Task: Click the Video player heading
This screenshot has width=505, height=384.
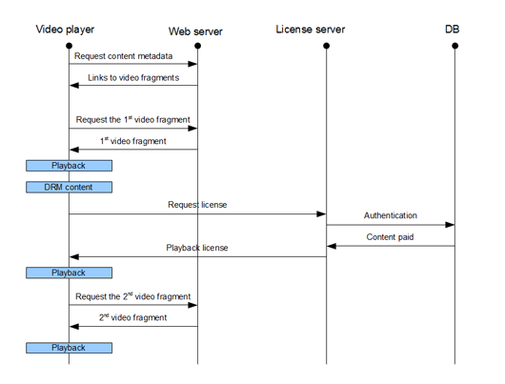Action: click(x=65, y=30)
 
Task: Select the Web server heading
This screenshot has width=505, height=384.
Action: click(x=195, y=31)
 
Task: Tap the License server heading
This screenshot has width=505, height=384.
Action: click(x=311, y=30)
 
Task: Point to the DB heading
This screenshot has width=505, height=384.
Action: click(x=452, y=30)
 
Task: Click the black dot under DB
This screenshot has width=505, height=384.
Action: click(x=454, y=46)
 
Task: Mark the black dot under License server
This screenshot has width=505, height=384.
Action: click(x=326, y=46)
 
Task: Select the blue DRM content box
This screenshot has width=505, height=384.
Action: click(x=69, y=187)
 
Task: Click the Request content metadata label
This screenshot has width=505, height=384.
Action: click(x=123, y=56)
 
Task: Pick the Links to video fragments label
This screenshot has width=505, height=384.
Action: click(x=133, y=77)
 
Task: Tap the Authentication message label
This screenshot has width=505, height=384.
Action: click(x=391, y=215)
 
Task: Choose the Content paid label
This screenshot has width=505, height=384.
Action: click(x=390, y=237)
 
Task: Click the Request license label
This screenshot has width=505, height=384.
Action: click(x=197, y=205)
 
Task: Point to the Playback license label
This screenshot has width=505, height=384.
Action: click(x=197, y=248)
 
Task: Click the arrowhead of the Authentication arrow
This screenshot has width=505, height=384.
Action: click(x=450, y=225)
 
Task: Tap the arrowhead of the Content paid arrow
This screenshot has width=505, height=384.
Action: click(x=332, y=246)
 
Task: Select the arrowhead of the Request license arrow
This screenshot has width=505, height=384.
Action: click(x=321, y=213)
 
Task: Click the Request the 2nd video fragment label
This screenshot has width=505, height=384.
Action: click(x=132, y=296)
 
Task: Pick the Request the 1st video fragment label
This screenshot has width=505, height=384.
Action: click(x=132, y=119)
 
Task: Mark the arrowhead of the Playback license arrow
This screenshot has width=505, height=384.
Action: click(x=74, y=256)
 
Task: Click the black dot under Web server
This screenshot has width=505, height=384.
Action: click(x=198, y=46)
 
